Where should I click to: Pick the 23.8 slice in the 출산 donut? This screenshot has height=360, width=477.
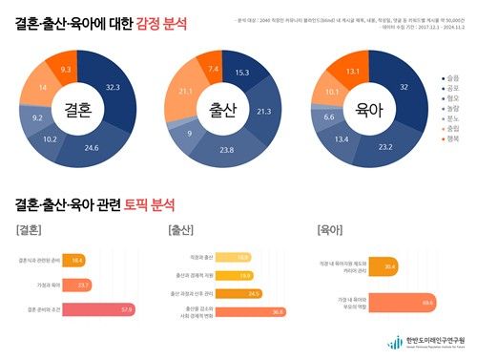(x=226, y=150)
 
